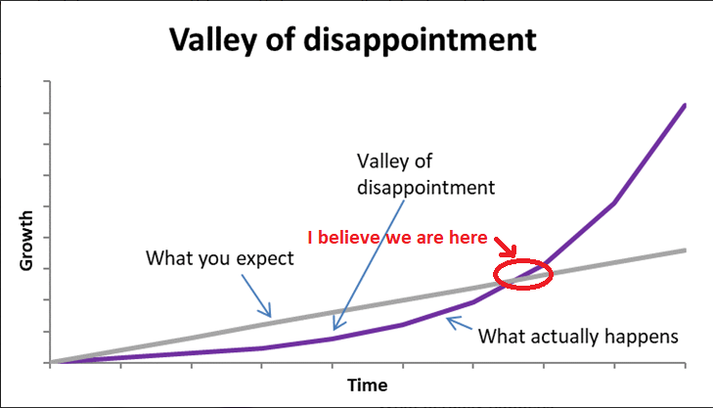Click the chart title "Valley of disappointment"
353,40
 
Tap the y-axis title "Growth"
26,241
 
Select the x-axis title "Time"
368,385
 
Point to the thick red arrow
506,247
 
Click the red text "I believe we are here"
397,238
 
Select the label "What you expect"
220,258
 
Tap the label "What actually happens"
578,337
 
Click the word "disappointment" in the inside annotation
425,188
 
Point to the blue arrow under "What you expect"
256,295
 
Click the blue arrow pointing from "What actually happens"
460,323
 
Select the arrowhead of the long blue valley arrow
337,323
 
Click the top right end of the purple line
685,105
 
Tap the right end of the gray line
685,250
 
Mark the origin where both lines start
51,363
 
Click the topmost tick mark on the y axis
47,81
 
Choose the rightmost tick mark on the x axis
685,365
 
